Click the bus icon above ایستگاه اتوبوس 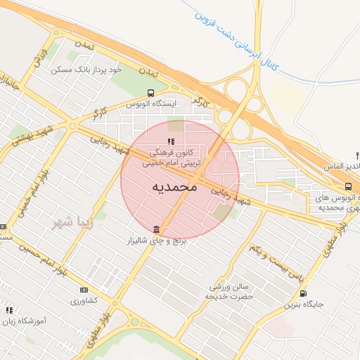click(150, 93)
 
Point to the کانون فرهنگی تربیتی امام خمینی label click(172, 157)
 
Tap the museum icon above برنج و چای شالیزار click(155, 230)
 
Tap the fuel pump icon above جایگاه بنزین click(303, 293)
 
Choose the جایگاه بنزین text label click(303, 305)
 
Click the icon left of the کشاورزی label click(84, 290)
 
